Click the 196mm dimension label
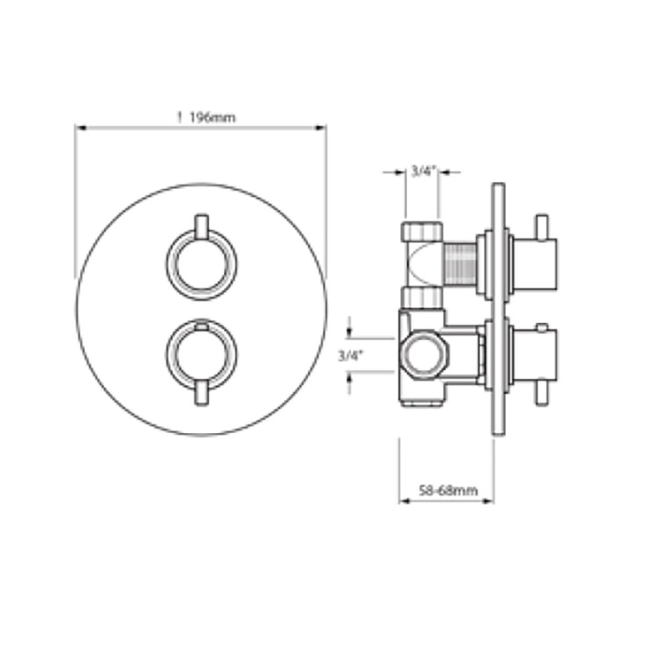(x=213, y=117)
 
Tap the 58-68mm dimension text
(x=448, y=491)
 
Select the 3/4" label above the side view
(x=423, y=171)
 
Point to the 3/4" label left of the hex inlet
(x=350, y=356)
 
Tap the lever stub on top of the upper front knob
(x=202, y=227)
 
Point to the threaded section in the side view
(x=459, y=265)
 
